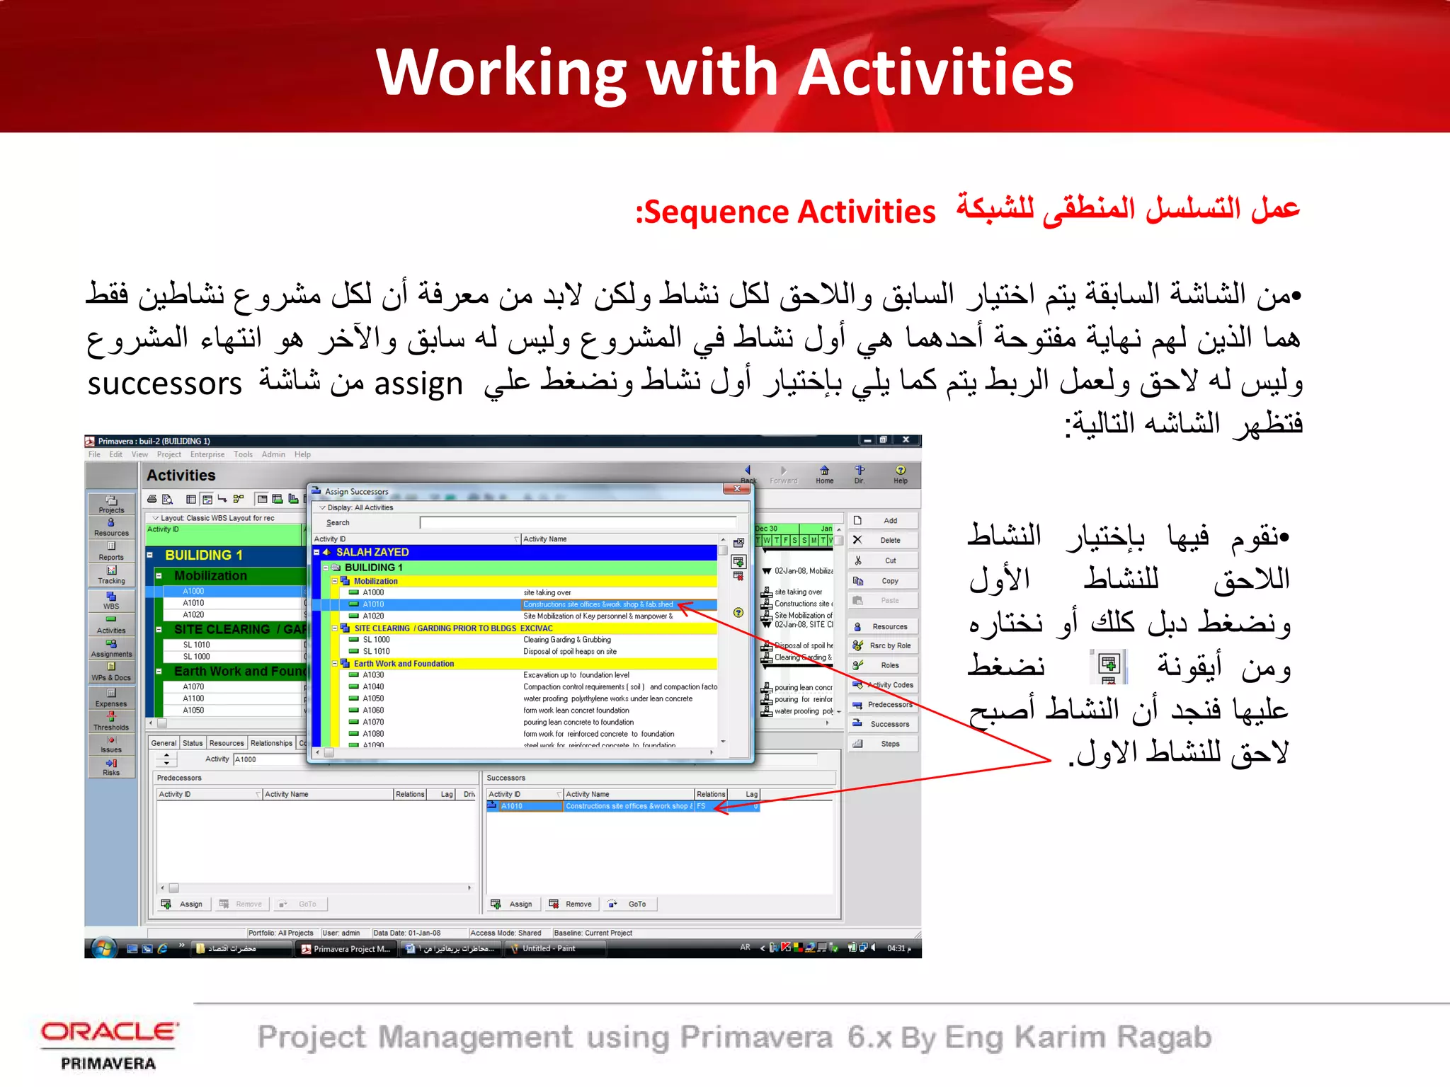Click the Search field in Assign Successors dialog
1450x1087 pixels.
coord(577,523)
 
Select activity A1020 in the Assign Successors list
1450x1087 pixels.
coord(373,616)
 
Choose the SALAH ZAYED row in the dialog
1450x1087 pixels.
coord(372,552)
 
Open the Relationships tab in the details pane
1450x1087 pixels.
coord(271,743)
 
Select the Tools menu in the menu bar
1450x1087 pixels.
coord(243,455)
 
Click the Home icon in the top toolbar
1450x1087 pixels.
coord(824,473)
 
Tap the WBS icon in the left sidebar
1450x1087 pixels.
coord(111,601)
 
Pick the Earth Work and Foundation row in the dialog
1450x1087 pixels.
coord(404,664)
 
